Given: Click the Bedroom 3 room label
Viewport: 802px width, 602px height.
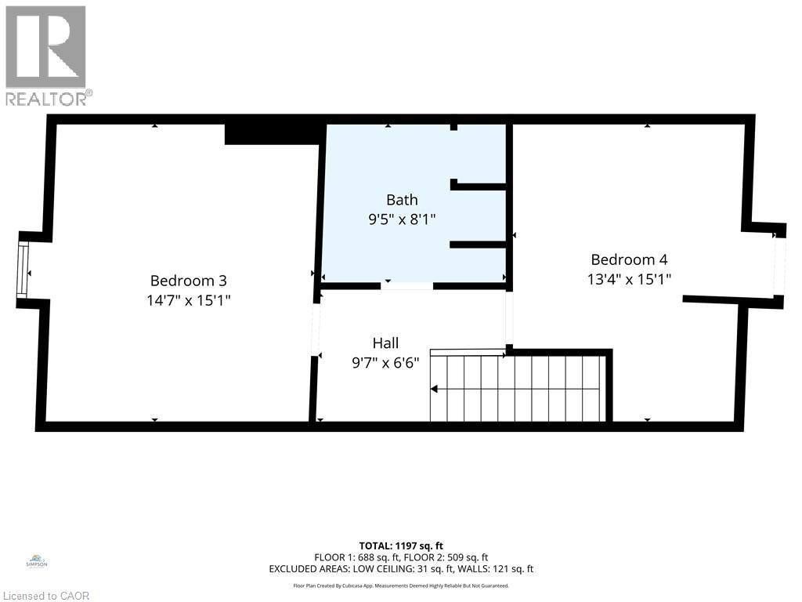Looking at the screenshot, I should (188, 280).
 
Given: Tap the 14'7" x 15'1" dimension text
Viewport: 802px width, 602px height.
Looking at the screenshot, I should (188, 299).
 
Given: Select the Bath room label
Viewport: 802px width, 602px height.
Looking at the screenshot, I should (402, 200).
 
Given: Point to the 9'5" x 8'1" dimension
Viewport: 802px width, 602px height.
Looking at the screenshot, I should (402, 219).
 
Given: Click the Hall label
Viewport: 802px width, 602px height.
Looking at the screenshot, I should (385, 343).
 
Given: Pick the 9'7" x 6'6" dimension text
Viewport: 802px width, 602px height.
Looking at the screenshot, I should (385, 362).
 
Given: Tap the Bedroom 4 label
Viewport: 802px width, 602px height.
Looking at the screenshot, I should (629, 259).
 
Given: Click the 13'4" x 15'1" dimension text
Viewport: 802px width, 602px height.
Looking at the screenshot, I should (629, 278).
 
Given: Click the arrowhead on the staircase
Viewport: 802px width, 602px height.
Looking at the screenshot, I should (434, 389).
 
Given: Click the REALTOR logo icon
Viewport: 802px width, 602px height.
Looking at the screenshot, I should (45, 47).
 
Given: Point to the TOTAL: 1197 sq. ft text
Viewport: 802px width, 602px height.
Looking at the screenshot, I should (401, 546).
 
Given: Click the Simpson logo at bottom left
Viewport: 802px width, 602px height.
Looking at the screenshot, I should (37, 561).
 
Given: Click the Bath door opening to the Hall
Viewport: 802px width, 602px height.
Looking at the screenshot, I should (406, 286).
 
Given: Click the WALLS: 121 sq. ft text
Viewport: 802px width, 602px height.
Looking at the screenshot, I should (498, 569).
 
